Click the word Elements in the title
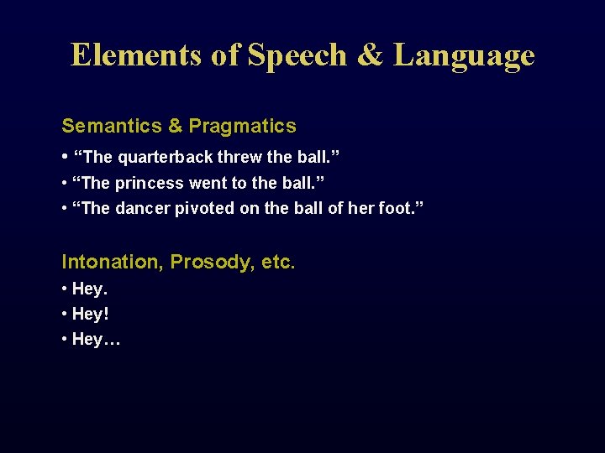pyautogui.click(x=136, y=55)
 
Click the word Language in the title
pyautogui.click(x=464, y=55)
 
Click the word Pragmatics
pyautogui.click(x=242, y=127)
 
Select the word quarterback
pyautogui.click(x=164, y=157)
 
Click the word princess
pyautogui.click(x=151, y=183)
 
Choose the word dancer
pyautogui.click(x=144, y=208)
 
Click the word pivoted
pyautogui.click(x=206, y=208)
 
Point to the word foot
pyautogui.click(x=394, y=208)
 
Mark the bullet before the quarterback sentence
pyautogui.click(x=65, y=157)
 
